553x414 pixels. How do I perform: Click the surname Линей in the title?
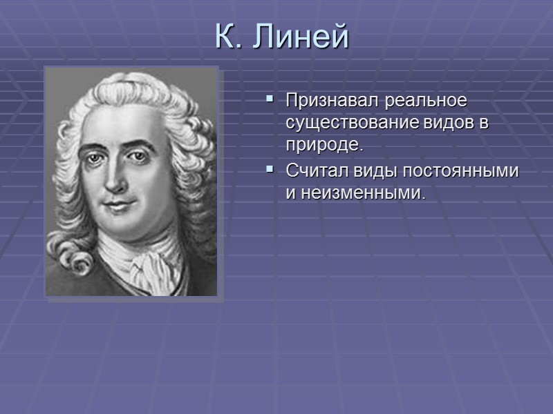(x=301, y=37)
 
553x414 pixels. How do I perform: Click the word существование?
(x=350, y=124)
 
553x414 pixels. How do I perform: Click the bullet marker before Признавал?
(x=269, y=101)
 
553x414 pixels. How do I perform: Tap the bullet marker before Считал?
(x=269, y=170)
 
